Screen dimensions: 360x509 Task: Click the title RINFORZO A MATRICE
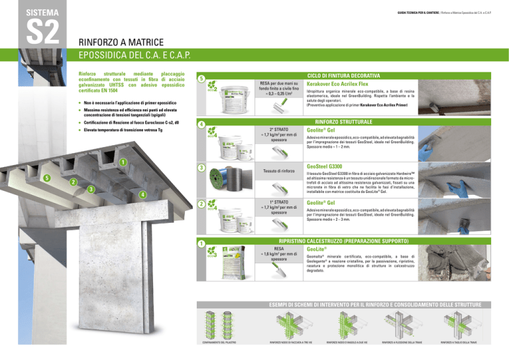(121, 40)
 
